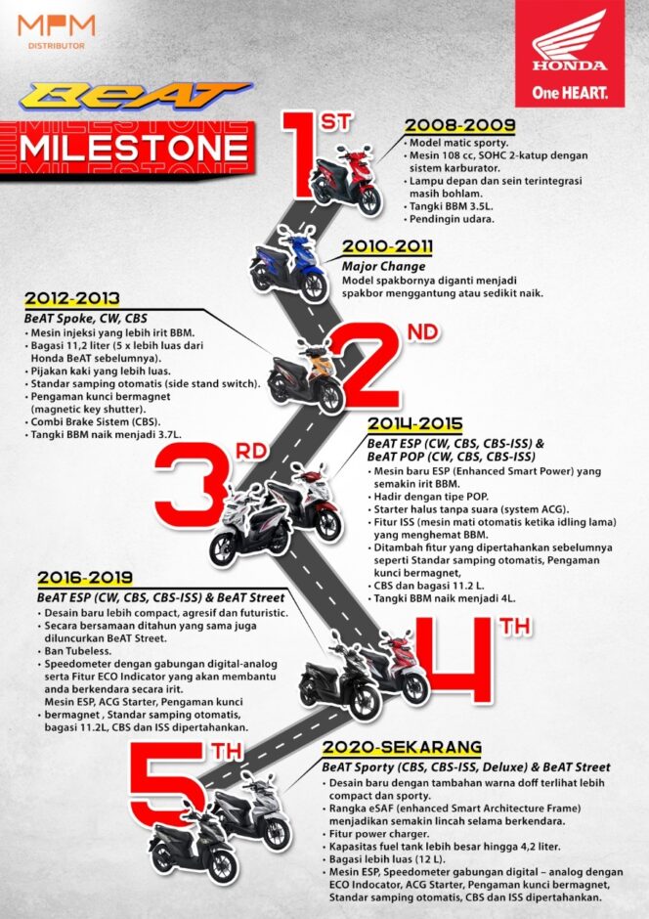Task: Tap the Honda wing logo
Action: click(x=570, y=40)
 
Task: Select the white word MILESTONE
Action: click(x=133, y=149)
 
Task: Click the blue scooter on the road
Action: click(x=287, y=265)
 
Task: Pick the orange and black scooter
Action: click(x=305, y=377)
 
